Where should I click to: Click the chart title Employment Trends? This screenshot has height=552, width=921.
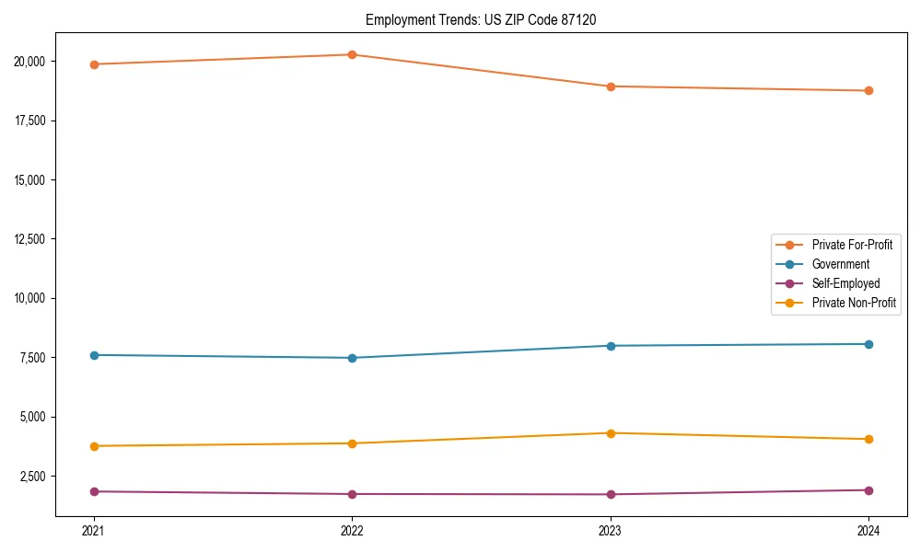(481, 19)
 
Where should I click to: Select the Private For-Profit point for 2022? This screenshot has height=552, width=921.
(352, 54)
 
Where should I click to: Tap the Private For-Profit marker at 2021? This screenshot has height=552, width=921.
(94, 64)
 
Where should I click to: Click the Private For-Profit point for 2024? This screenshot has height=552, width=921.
(869, 90)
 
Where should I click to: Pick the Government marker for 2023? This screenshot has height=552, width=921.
(611, 346)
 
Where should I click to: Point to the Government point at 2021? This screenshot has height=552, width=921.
(94, 355)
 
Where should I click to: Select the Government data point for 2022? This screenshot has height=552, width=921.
(352, 358)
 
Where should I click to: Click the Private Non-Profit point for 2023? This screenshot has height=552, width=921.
(611, 433)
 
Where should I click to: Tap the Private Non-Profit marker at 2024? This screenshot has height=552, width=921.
(869, 439)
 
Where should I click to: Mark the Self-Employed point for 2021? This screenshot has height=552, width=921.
(94, 491)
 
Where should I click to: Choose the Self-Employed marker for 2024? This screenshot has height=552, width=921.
(869, 490)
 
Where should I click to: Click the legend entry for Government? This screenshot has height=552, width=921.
(840, 264)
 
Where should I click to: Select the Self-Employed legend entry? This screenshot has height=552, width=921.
(845, 283)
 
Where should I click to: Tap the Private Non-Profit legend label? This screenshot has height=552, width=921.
(854, 303)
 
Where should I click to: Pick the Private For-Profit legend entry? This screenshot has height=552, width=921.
(852, 245)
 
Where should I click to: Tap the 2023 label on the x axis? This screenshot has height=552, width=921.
(611, 531)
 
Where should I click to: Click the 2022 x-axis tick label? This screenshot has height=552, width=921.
(352, 531)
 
